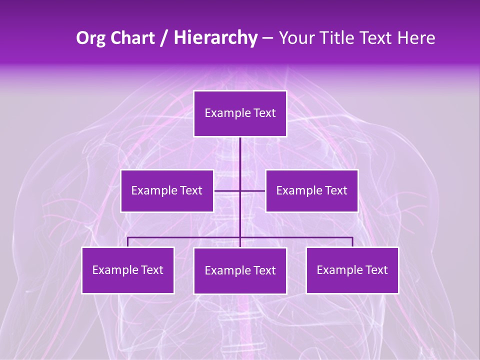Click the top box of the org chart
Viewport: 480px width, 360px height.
pyautogui.click(x=240, y=113)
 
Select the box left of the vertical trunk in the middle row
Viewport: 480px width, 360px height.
pyautogui.click(x=167, y=190)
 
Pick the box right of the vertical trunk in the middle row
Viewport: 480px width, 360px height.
pyautogui.click(x=311, y=190)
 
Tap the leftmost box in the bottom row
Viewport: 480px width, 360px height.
pyautogui.click(x=127, y=270)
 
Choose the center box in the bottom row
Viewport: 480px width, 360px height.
pyautogui.click(x=240, y=270)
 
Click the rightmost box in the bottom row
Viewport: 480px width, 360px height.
pyautogui.click(x=352, y=270)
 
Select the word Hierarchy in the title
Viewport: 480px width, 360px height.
pyautogui.click(x=215, y=38)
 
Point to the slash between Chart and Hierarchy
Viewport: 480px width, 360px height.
pyautogui.click(x=164, y=38)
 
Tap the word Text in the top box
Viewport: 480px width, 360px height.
pyautogui.click(x=264, y=113)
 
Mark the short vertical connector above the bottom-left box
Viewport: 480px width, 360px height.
pyautogui.click(x=128, y=242)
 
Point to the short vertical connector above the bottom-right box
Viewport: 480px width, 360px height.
pyautogui.click(x=352, y=242)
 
